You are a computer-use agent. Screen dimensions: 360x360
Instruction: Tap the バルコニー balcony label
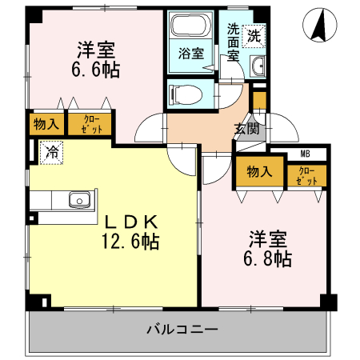[182, 329]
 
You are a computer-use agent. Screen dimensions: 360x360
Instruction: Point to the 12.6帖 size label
[130, 242]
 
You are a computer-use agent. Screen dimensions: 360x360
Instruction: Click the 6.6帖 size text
[94, 70]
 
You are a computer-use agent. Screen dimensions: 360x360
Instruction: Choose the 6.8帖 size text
[269, 258]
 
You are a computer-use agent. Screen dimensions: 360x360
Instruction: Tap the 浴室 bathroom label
[190, 54]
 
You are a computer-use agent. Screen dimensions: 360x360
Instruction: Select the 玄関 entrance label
[245, 128]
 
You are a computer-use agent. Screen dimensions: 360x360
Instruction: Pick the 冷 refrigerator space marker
[51, 150]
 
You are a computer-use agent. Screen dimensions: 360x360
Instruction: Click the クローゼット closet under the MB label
[306, 175]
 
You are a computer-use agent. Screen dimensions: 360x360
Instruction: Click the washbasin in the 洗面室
[258, 66]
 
